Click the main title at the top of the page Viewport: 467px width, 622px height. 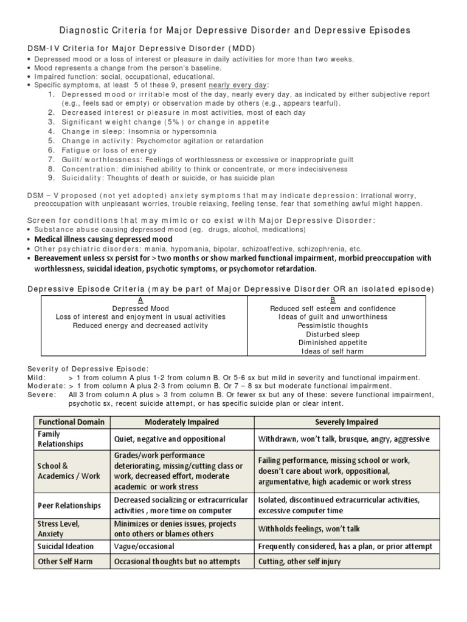coord(233,30)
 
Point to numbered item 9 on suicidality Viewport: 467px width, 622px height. coord(168,178)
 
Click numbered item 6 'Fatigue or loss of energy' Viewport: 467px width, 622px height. coord(109,150)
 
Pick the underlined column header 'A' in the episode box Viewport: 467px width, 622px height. coord(140,299)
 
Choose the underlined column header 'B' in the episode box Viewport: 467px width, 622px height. coord(333,299)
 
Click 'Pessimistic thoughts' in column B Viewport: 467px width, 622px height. coord(333,326)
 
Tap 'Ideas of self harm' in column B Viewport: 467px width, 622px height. coord(333,351)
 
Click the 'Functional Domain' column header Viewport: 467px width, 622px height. coord(71,422)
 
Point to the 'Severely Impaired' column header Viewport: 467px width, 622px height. coord(347,422)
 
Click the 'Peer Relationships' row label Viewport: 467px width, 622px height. coord(69,505)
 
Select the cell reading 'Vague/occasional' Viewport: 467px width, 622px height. coord(144,547)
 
